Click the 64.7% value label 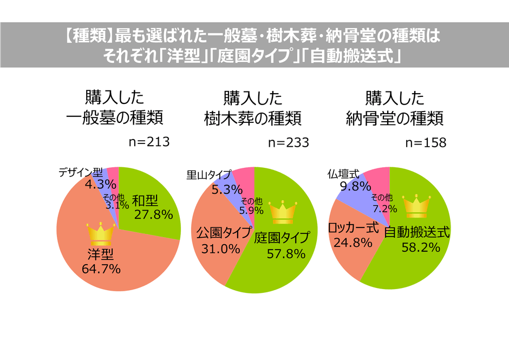pyautogui.click(x=101, y=268)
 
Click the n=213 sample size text pyautogui.click(x=149, y=142)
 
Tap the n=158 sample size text pyautogui.click(x=426, y=142)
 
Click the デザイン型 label pyautogui.click(x=80, y=172)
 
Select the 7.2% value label pyautogui.click(x=382, y=207)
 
